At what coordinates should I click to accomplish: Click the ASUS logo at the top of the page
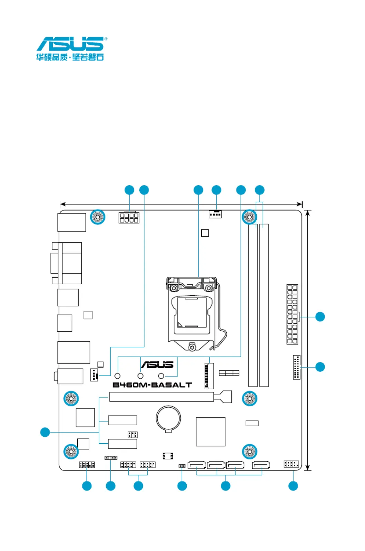[71, 44]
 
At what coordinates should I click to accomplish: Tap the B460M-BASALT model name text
[152, 385]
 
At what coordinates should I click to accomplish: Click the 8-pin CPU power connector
[129, 218]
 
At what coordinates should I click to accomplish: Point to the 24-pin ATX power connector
[292, 314]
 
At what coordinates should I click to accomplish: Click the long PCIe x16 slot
[162, 397]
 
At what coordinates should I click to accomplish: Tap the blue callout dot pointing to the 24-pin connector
[320, 316]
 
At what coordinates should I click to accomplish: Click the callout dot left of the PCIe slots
[45, 432]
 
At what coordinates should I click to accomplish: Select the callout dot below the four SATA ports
[225, 486]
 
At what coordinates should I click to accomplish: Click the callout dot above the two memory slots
[259, 190]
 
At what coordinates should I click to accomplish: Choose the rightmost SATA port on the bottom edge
[261, 465]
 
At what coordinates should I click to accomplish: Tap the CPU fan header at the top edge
[215, 214]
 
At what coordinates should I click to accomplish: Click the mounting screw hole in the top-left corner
[98, 217]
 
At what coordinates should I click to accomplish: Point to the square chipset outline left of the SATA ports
[210, 431]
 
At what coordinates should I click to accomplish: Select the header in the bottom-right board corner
[291, 464]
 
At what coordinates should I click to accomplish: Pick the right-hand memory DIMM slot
[264, 305]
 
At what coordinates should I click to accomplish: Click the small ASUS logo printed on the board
[157, 364]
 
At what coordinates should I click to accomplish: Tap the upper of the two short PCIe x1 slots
[122, 420]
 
